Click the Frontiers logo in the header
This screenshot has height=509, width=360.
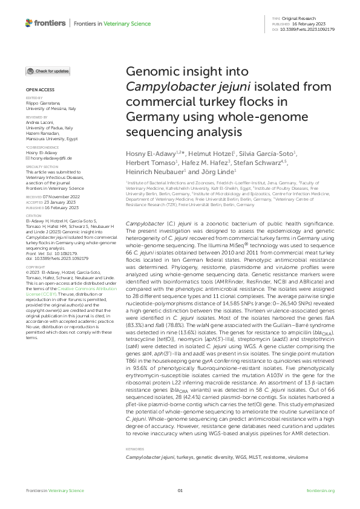pyautogui.click(x=45, y=23)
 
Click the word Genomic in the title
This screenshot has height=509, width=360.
pyautogui.click(x=148, y=73)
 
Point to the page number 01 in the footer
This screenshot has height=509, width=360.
pyautogui.click(x=180, y=491)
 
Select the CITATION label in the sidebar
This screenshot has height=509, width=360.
pyautogui.click(x=33, y=215)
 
